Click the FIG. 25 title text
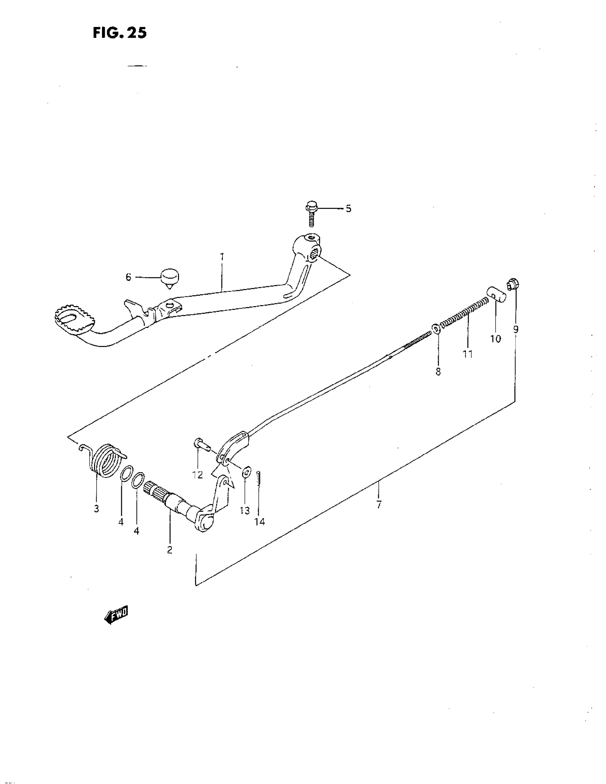[x=119, y=33]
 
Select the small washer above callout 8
[x=436, y=328]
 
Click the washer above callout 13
[x=246, y=473]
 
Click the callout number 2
[x=169, y=550]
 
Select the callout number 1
[x=222, y=257]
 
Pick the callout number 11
[x=467, y=354]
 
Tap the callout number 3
[x=96, y=509]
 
